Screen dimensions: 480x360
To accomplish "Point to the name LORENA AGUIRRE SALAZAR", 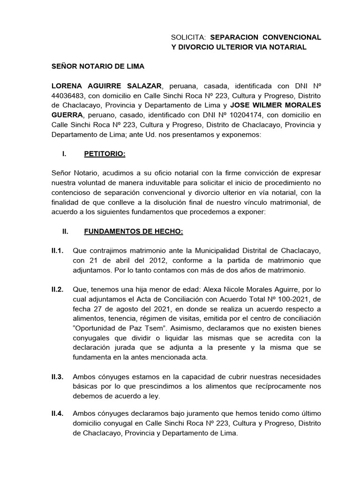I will [x=106, y=86].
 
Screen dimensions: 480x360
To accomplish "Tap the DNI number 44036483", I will [x=67, y=97].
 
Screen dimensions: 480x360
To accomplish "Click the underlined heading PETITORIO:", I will [x=105, y=154].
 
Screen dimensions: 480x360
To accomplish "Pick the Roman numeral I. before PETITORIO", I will [x=64, y=154].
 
